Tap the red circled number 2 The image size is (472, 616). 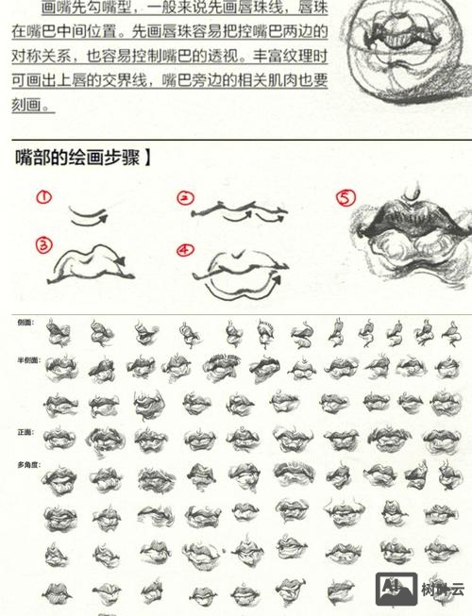point(185,198)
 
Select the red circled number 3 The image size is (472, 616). point(42,245)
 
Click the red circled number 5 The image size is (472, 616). point(346,198)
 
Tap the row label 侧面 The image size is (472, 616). point(25,323)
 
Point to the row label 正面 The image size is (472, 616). point(25,432)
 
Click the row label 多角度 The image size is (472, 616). point(27,465)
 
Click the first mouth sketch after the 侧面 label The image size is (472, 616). point(59,333)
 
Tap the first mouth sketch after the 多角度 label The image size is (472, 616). point(59,478)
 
